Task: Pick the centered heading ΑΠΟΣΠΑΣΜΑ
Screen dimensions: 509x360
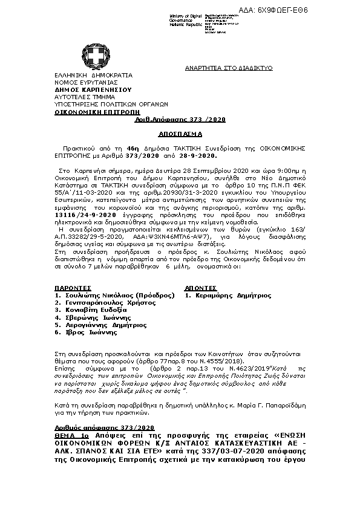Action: pyautogui.click(x=179, y=132)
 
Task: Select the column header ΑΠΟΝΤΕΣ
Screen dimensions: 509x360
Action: pyautogui.click(x=201, y=288)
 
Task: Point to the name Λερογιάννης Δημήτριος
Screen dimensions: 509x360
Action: pyautogui.click(x=104, y=325)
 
